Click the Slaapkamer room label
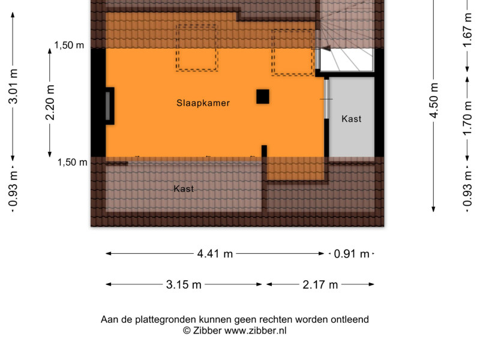click(x=203, y=103)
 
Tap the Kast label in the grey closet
click(x=352, y=119)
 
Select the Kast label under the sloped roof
click(x=184, y=188)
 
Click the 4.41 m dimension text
click(x=215, y=254)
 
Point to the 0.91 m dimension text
click(x=352, y=254)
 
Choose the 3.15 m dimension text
click(x=184, y=284)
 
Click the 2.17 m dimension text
click(x=320, y=284)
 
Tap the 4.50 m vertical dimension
click(x=434, y=100)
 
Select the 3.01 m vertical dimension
click(x=13, y=86)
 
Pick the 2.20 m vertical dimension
click(x=50, y=102)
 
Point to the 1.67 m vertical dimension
click(x=467, y=30)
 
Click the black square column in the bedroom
click(x=263, y=97)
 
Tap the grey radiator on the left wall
click(x=108, y=106)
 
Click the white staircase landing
click(x=347, y=59)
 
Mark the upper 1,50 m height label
click(x=69, y=46)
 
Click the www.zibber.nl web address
click(x=256, y=331)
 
